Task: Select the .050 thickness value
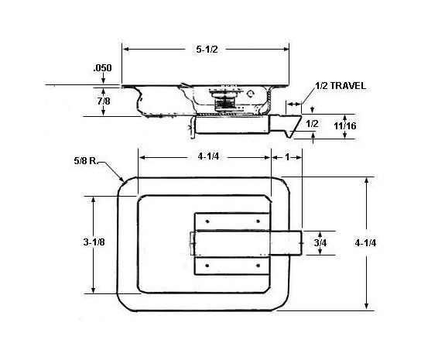[x=103, y=68]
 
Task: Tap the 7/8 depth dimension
[x=102, y=99]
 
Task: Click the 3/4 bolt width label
[x=320, y=242]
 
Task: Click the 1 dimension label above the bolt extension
[x=287, y=156]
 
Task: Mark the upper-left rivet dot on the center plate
[x=208, y=221]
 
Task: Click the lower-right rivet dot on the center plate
[x=256, y=265]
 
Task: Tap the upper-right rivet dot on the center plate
[x=256, y=221]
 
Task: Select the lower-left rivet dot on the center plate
[x=208, y=265]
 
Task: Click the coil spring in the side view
[x=224, y=100]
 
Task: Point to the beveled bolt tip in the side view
[x=293, y=124]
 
